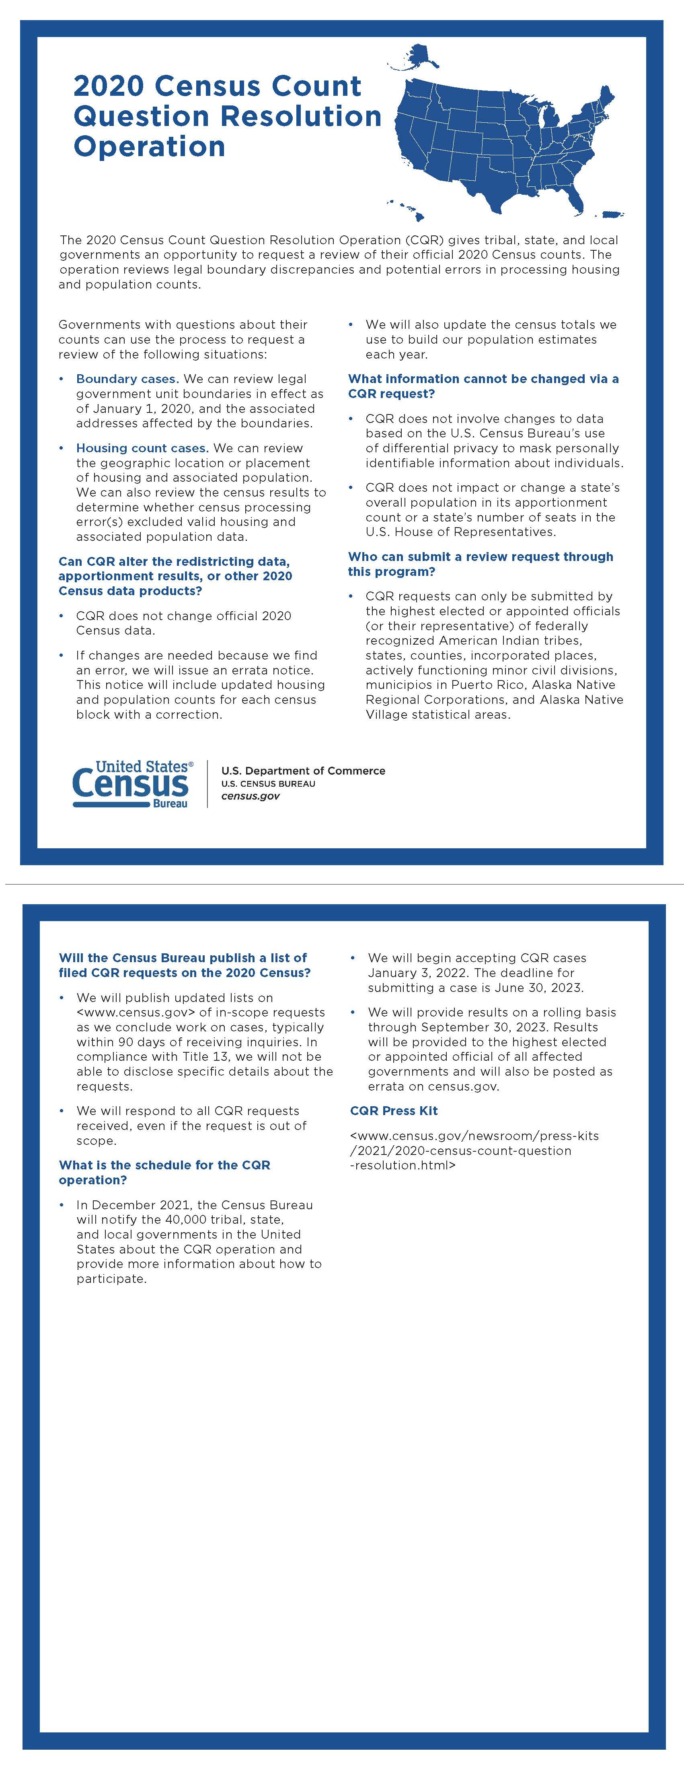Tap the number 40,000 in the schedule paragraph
189,1220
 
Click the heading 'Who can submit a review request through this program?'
481,564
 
